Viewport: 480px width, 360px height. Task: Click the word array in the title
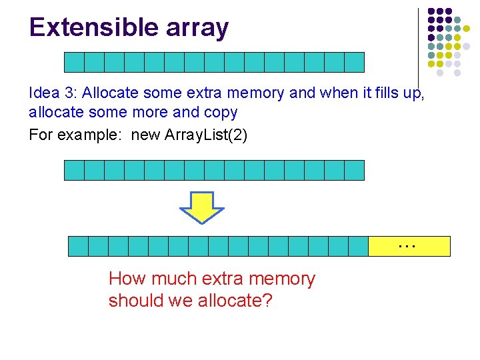tap(195, 29)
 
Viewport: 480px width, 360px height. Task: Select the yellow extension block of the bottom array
tap(409, 246)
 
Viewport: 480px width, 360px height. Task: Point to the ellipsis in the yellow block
tap(406, 245)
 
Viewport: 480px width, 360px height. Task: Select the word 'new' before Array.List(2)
tap(145, 135)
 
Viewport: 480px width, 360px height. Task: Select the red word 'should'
tap(135, 301)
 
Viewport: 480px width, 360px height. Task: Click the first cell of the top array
tap(74, 62)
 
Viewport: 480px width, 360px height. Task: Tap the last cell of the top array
tap(355, 62)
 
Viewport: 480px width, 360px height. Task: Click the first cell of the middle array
tap(74, 170)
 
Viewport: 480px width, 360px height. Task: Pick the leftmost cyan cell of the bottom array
tap(79, 246)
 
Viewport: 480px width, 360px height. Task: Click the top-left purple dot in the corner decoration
tap(431, 12)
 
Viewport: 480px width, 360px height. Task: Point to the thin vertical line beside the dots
tap(418, 47)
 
